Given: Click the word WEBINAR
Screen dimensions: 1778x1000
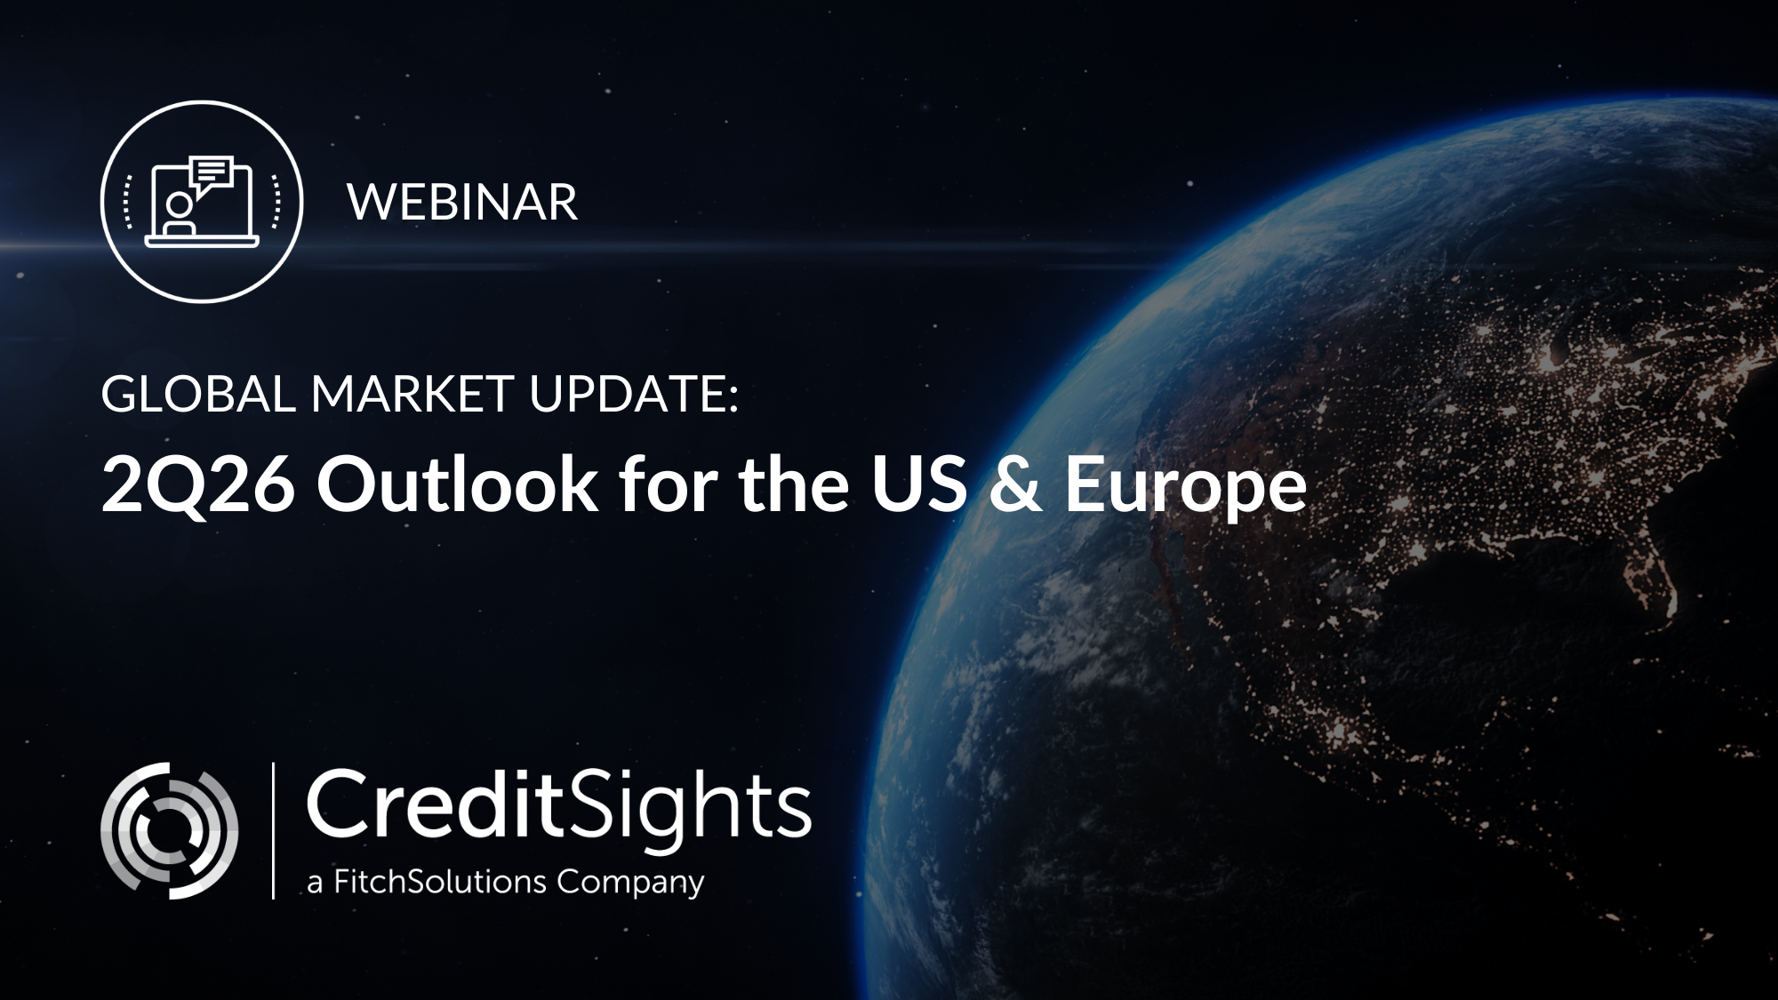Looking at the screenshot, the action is pyautogui.click(x=462, y=203).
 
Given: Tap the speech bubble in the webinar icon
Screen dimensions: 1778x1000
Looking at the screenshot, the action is pyautogui.click(x=212, y=172).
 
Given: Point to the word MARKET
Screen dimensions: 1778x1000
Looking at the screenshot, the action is pyautogui.click(x=412, y=394).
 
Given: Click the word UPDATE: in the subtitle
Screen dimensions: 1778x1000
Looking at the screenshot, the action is pyautogui.click(x=634, y=394).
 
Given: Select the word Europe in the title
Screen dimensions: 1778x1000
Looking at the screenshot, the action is pyautogui.click(x=1186, y=491).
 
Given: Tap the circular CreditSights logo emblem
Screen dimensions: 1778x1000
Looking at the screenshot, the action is pyautogui.click(x=169, y=830).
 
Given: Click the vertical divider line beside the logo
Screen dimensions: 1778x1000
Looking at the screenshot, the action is pyautogui.click(x=273, y=830).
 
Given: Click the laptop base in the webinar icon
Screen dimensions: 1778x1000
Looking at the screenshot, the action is pyautogui.click(x=202, y=242).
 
